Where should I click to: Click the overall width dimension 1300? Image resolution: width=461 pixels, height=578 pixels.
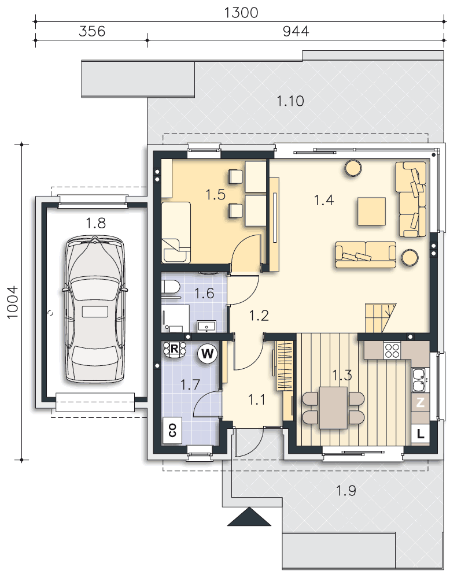click(241, 13)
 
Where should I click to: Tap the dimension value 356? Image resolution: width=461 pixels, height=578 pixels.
click(92, 31)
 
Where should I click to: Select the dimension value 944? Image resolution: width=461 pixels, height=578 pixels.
click(296, 31)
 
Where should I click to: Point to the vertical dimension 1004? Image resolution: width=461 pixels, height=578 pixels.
click(12, 302)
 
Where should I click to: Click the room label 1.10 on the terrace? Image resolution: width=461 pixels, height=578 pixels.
click(290, 101)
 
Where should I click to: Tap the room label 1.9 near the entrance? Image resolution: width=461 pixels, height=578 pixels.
click(346, 491)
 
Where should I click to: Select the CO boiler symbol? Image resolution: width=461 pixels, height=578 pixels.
click(172, 431)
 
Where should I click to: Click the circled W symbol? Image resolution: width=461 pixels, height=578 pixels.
click(207, 354)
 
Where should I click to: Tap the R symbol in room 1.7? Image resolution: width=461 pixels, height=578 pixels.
click(175, 349)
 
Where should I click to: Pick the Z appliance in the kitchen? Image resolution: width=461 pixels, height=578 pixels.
click(421, 402)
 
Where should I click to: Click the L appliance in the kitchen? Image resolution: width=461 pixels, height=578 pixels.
click(421, 434)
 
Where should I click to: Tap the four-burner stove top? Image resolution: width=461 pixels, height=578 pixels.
click(392, 351)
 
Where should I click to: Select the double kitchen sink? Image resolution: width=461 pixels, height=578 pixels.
click(419, 380)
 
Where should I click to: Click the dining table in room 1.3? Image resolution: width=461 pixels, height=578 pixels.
click(333, 407)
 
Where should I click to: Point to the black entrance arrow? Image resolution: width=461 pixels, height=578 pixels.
click(249, 516)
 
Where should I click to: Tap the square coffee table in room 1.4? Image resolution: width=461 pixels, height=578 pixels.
click(371, 211)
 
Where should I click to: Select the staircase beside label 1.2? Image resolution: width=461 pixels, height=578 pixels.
click(380, 317)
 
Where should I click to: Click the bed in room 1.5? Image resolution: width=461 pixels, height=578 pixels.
click(176, 232)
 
